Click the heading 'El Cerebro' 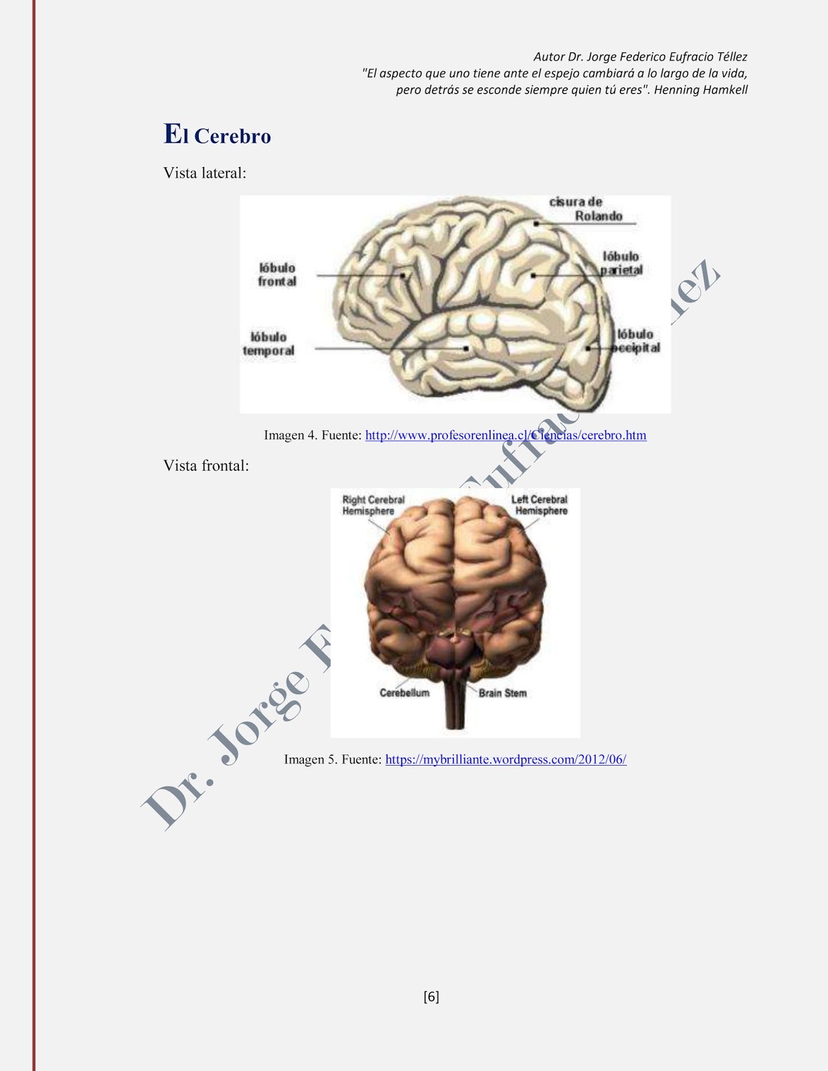coord(218,135)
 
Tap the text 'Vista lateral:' coord(205,173)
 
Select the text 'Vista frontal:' coord(206,466)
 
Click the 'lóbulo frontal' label coord(277,274)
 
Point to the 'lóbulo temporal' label coord(268,343)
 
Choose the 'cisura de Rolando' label coord(585,209)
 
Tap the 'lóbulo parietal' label coord(621,263)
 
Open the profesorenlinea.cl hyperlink coord(505,435)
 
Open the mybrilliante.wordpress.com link coord(505,759)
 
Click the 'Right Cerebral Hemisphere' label coord(373,505)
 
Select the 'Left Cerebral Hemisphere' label coord(540,505)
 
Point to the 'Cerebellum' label coord(404,693)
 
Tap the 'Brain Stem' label coord(503,693)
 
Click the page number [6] coord(431,997)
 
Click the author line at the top coord(640,57)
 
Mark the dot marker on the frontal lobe coord(403,274)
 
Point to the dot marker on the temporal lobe coord(466,348)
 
